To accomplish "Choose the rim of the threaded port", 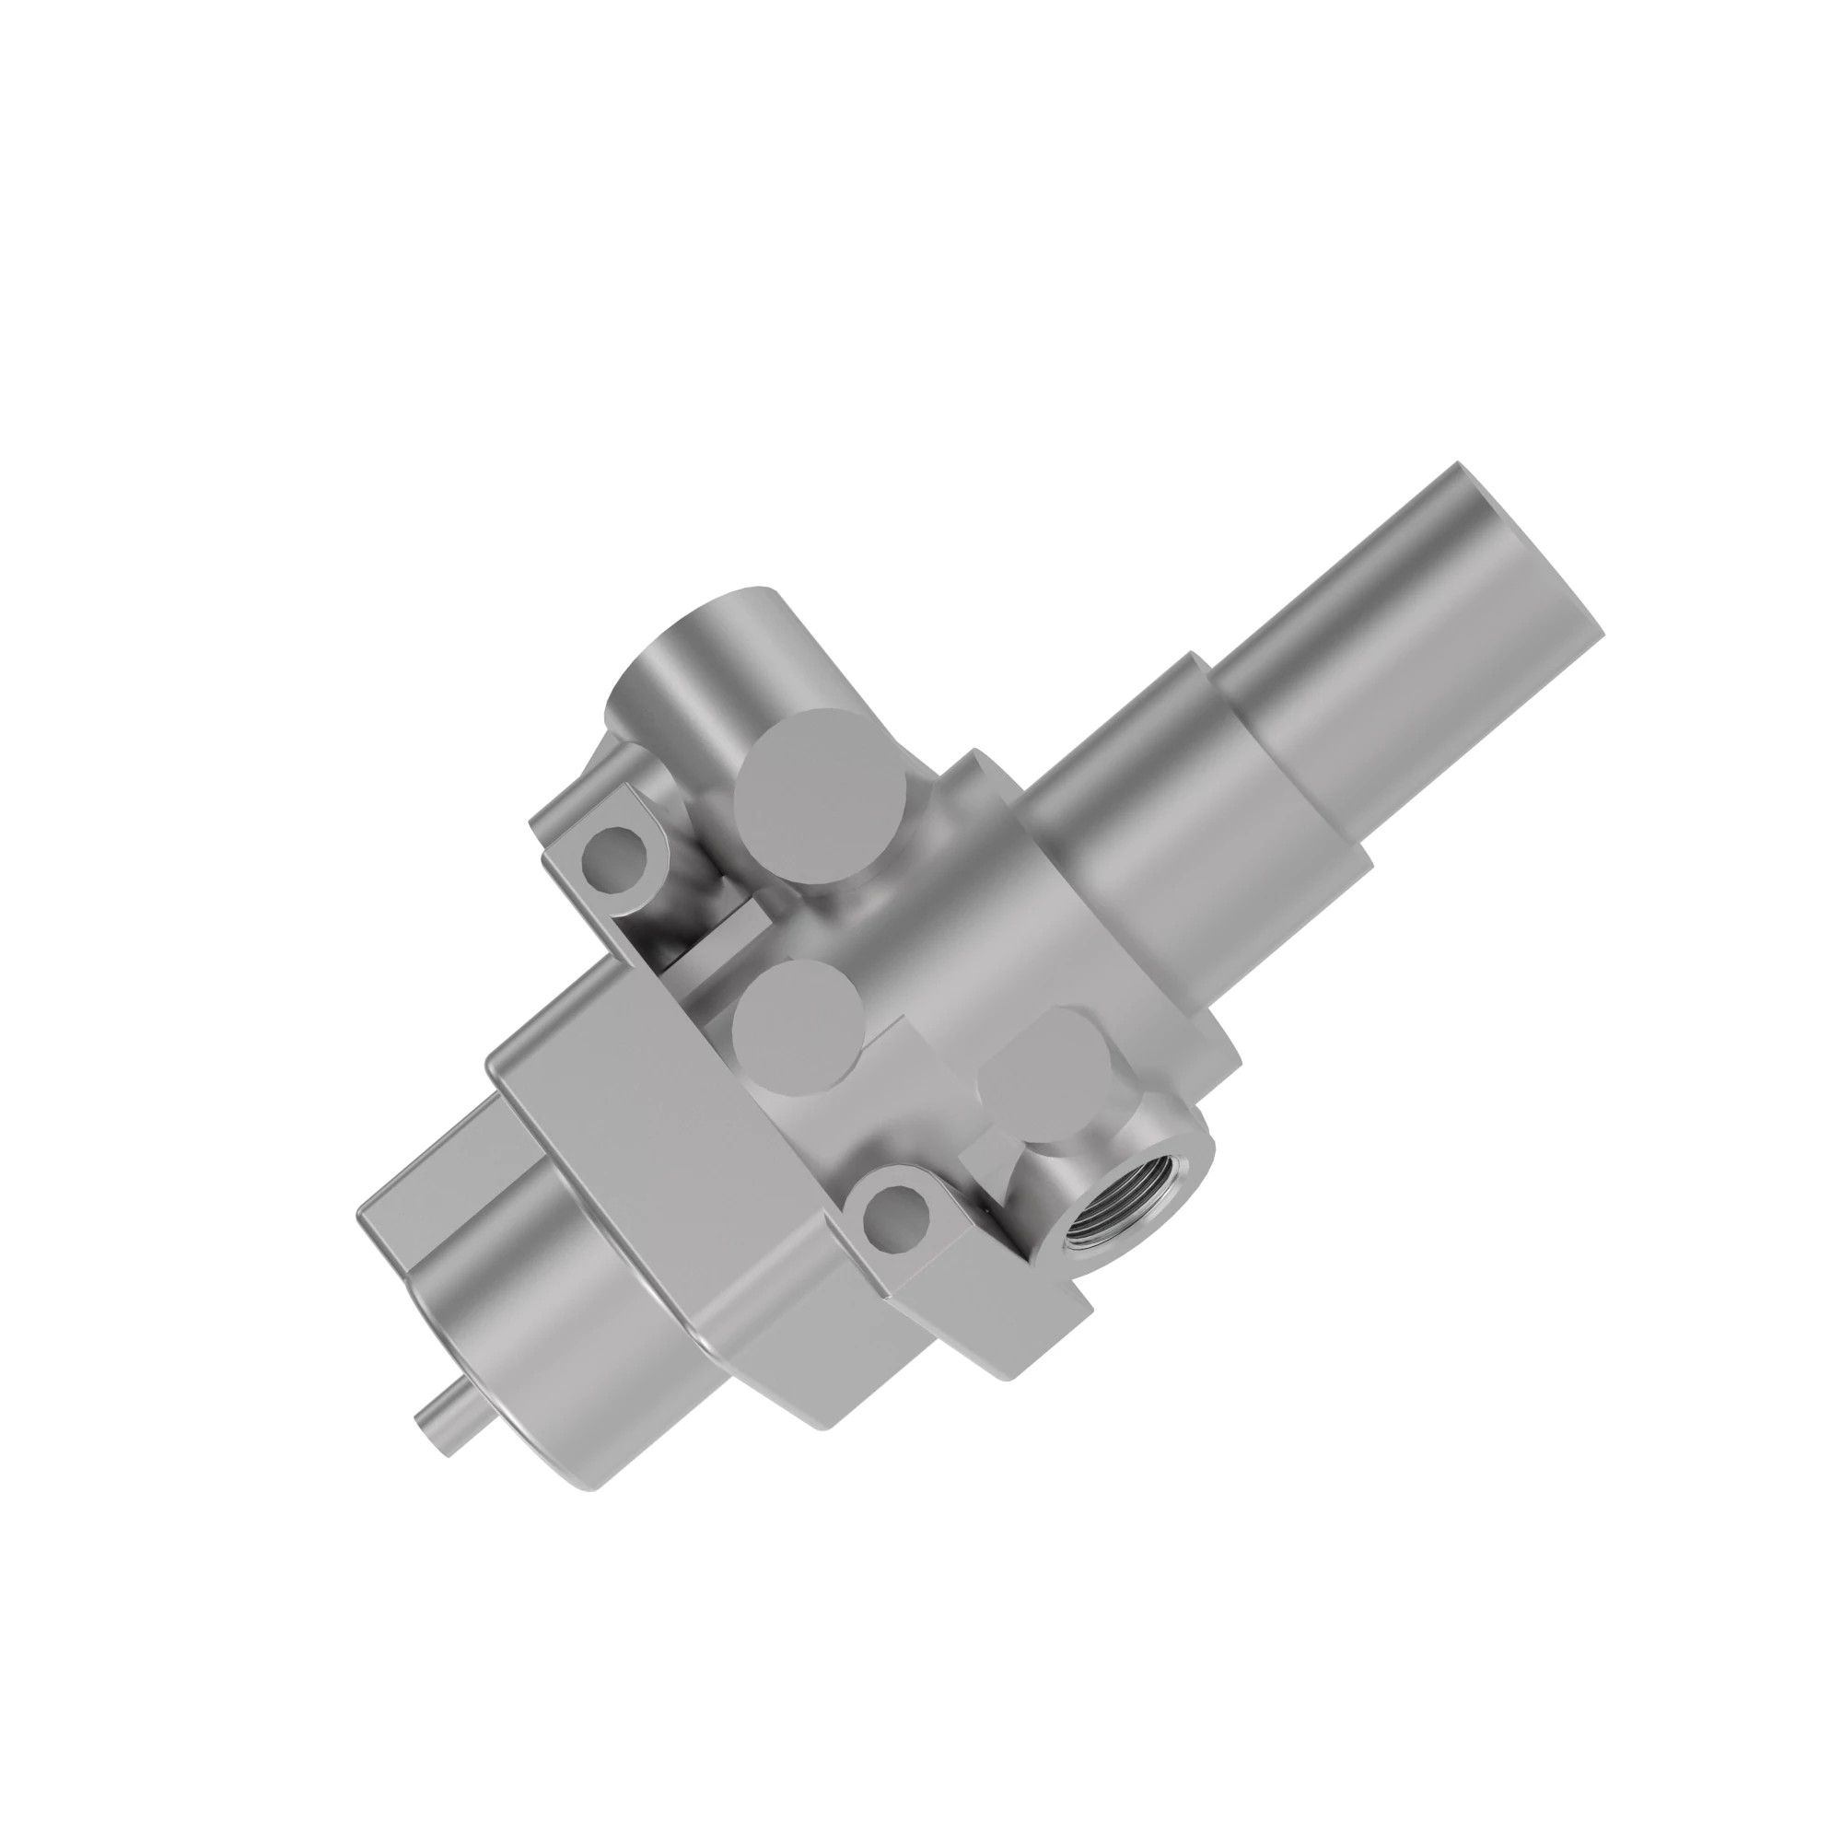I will tap(1139, 1183).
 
